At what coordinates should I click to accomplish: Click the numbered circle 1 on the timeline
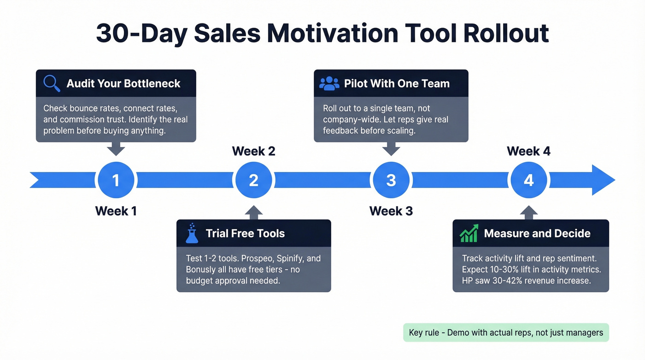click(116, 180)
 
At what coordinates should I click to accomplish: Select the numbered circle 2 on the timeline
click(253, 180)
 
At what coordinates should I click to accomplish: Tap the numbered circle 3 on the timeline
click(391, 180)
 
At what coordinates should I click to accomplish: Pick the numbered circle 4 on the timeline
click(528, 180)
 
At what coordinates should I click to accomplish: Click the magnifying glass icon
click(52, 83)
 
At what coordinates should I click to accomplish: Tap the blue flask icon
click(192, 233)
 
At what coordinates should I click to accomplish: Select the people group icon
click(329, 83)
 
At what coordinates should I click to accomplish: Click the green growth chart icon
click(469, 234)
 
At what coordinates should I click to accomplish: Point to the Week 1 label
click(116, 211)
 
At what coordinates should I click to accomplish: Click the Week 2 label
click(253, 151)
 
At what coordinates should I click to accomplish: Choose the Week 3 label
click(391, 211)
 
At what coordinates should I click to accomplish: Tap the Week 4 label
click(528, 151)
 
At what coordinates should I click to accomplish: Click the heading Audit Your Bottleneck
click(123, 83)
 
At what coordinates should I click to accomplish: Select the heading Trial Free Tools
click(245, 233)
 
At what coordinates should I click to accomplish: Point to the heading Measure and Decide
click(537, 233)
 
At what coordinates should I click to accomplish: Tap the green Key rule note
click(506, 332)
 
